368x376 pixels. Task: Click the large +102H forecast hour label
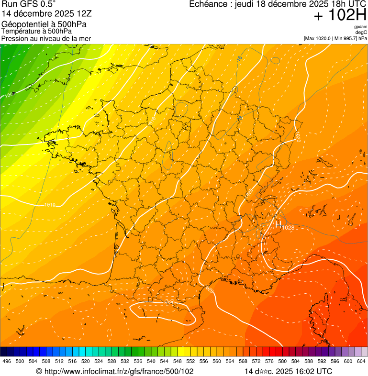340,15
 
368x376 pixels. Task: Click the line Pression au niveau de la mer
46,38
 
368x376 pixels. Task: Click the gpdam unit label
361,27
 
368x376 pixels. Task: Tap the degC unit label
361,32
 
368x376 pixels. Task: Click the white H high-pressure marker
278,223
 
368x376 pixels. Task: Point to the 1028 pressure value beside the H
288,227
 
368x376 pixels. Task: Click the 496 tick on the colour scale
7,362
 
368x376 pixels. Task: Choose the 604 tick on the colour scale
361,362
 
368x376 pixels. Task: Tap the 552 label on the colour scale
190,362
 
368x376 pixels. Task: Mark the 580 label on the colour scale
282,362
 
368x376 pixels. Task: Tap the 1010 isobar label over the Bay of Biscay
50,205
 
